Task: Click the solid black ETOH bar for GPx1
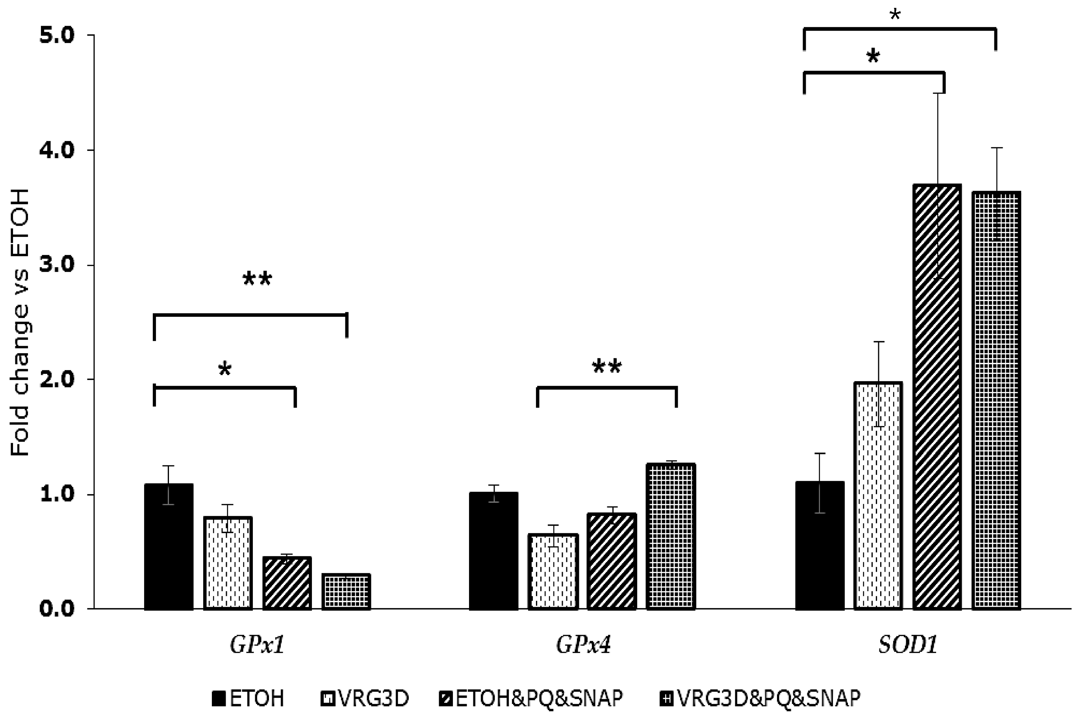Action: coord(169,546)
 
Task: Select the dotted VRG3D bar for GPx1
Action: coord(228,563)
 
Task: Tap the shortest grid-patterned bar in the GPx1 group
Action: coord(346,591)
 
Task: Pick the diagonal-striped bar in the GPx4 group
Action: coord(612,561)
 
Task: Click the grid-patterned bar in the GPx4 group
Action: coord(671,536)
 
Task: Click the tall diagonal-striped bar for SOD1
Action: coord(937,397)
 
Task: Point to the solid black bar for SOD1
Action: coord(820,546)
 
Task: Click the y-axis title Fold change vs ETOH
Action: coord(20,322)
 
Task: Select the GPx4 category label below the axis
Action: coord(583,646)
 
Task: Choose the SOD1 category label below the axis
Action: coord(907,646)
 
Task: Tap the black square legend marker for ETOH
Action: coord(219,699)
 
